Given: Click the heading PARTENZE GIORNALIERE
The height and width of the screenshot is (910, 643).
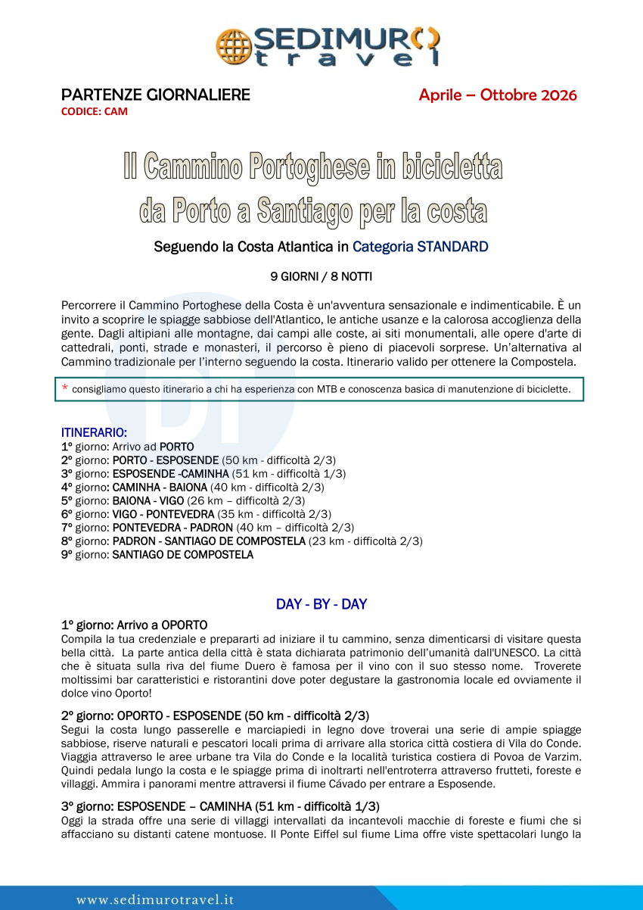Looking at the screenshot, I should tap(155, 95).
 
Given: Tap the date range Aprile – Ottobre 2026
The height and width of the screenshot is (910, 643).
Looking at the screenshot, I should tap(498, 95).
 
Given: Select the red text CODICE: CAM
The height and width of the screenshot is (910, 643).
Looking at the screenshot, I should tap(95, 111).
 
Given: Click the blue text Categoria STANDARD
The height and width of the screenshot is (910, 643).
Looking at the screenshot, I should tap(420, 247).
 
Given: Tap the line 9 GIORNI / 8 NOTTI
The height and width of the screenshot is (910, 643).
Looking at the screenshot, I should tap(321, 276).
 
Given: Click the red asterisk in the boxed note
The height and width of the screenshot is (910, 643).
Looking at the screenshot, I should tap(65, 389).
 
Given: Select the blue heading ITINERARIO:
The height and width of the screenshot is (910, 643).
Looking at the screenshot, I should tap(94, 432).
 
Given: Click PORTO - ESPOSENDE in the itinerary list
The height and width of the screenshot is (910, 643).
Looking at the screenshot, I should tap(166, 460).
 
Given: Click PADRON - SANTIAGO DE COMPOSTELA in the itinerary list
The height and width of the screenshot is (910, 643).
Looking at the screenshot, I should tap(209, 541).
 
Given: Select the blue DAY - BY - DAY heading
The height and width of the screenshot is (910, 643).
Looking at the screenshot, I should tap(321, 604).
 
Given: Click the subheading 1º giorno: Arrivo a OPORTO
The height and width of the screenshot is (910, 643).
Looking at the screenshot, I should tap(134, 625).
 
